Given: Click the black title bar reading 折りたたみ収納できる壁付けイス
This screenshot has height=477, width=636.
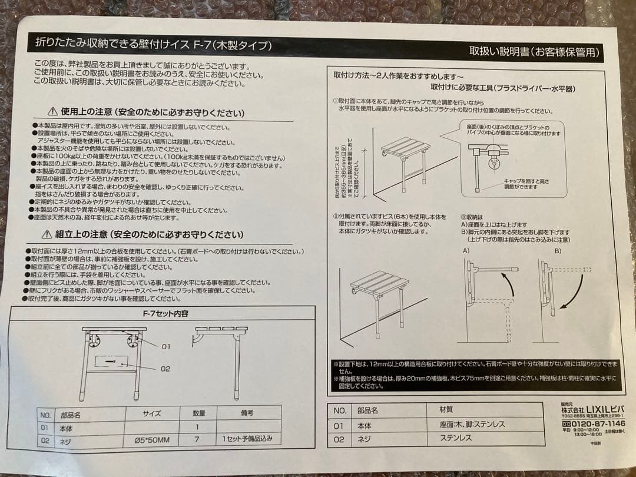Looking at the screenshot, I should click(x=153, y=45).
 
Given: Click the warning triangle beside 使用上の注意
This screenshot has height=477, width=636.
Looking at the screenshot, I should click(x=52, y=111).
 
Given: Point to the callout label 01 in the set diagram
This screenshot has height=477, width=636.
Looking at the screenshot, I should click(x=165, y=347).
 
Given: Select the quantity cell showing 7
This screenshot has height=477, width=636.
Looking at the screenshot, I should click(x=197, y=439).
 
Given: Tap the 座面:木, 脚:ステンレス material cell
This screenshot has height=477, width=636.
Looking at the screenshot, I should click(x=472, y=424).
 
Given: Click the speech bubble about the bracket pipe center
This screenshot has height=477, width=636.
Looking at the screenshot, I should click(x=511, y=130).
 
